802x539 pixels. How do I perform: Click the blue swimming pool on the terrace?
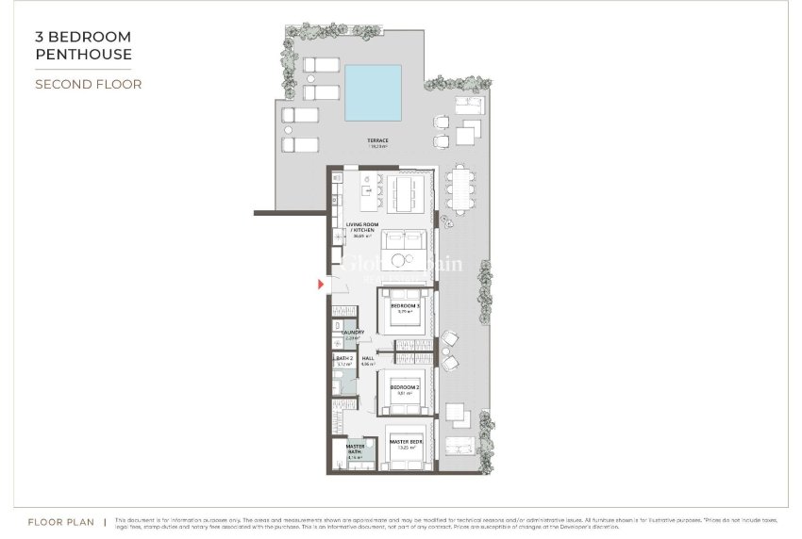(383, 88)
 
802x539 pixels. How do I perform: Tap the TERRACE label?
(378, 142)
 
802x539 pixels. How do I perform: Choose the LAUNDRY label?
(353, 333)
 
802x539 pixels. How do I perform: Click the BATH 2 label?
(343, 359)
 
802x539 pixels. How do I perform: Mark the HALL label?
(368, 359)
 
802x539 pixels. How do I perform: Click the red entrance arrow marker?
(321, 283)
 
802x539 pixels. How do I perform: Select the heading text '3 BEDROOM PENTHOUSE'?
(83, 45)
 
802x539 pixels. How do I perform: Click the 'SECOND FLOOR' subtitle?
(88, 84)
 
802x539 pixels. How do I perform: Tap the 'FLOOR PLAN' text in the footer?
(60, 520)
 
